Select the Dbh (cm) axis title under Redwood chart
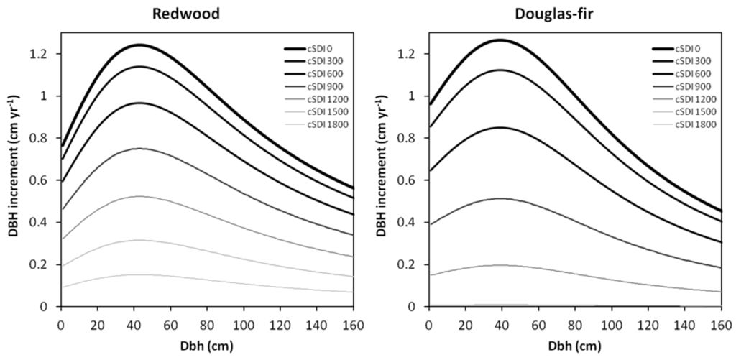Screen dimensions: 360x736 pos(206,345)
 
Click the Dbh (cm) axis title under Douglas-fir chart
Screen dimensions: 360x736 pos(574,345)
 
